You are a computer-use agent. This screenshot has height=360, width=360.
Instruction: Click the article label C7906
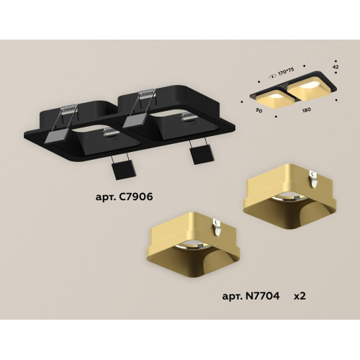(x=124, y=197)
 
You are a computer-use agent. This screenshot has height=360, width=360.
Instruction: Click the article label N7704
(x=251, y=296)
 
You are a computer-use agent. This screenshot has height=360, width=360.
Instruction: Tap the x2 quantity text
(x=300, y=297)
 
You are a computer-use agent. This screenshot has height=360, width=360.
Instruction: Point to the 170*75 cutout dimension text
(x=286, y=72)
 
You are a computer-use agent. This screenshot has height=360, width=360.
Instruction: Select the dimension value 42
(x=336, y=67)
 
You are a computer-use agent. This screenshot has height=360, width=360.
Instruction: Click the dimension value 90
(x=258, y=111)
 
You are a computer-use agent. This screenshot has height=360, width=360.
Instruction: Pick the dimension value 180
(x=307, y=109)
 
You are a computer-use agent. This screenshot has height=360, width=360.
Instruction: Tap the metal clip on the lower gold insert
(x=217, y=227)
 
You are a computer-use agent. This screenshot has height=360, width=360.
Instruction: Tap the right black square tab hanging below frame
(x=202, y=156)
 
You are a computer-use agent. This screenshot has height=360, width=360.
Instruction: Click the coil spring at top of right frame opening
(x=147, y=94)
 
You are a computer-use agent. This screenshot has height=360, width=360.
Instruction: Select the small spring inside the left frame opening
(x=109, y=132)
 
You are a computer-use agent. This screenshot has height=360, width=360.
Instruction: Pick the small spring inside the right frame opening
(x=189, y=116)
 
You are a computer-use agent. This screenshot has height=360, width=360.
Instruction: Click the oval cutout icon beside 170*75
(x=273, y=77)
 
